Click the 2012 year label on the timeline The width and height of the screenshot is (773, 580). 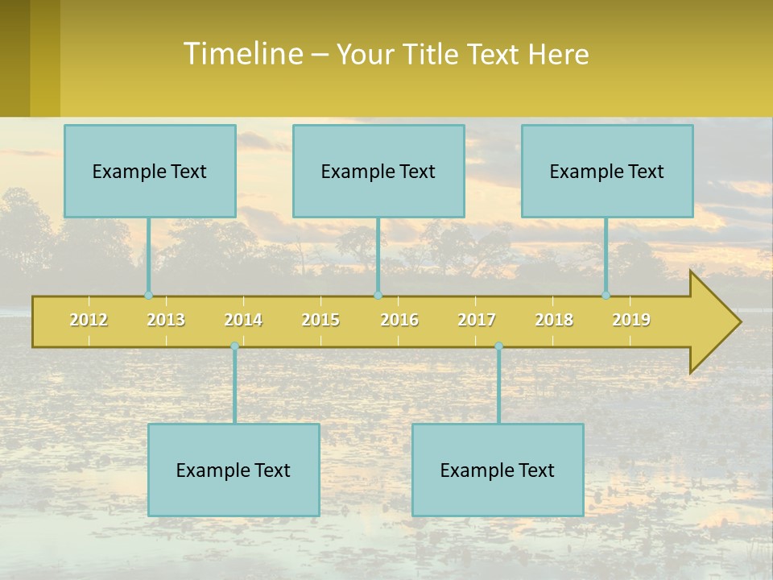point(89,320)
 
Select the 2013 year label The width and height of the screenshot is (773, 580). point(166,320)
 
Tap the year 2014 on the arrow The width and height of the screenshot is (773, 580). point(243,320)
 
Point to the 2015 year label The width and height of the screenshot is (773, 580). point(320,320)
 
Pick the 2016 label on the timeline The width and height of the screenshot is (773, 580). point(399,320)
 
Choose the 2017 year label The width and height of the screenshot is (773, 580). point(477,320)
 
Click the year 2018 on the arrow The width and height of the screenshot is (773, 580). point(554,320)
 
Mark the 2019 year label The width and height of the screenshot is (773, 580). point(631,320)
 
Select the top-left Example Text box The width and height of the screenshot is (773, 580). point(150,171)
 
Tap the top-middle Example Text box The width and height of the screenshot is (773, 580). point(378,171)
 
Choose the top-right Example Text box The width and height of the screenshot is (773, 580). point(607,171)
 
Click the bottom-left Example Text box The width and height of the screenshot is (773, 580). point(234,470)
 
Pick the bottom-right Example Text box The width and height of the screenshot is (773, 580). point(498,470)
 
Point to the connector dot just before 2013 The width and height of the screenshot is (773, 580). point(148,296)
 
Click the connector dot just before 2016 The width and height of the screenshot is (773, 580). point(378,296)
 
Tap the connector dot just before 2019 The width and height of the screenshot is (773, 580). point(606,296)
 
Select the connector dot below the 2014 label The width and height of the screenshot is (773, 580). point(234,346)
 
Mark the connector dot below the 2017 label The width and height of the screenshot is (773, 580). point(498,346)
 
